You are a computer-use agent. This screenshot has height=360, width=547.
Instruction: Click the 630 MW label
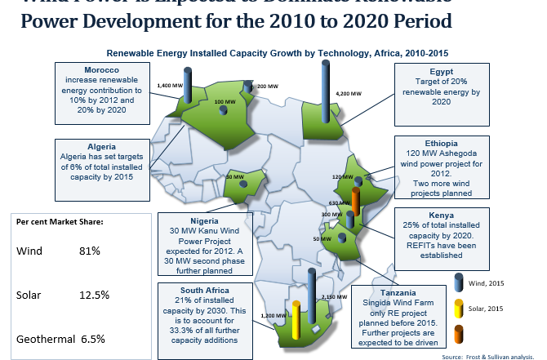click(336, 202)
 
